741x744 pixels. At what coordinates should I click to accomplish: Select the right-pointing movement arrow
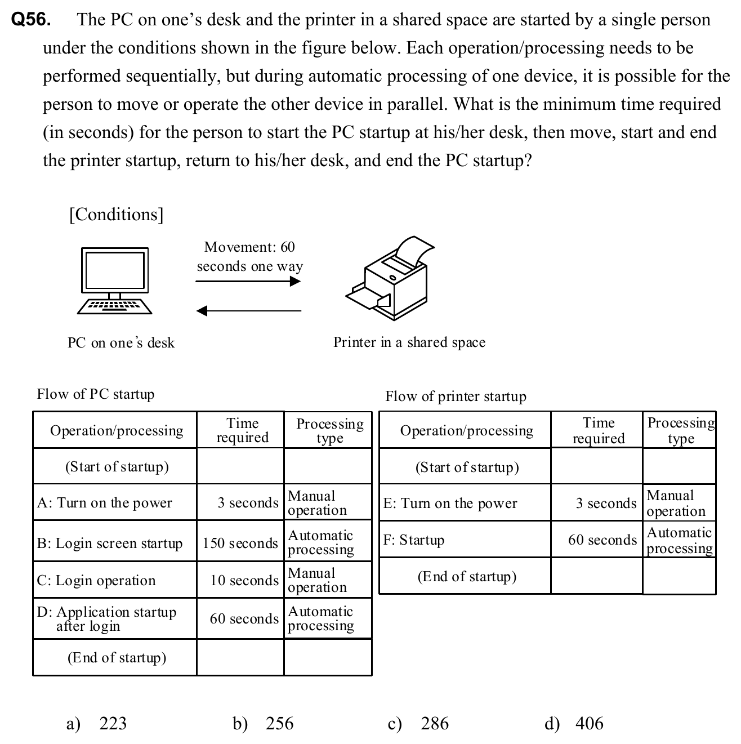click(x=248, y=281)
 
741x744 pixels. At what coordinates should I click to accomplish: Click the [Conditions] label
click(x=116, y=215)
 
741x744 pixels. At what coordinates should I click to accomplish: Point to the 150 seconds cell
click(x=240, y=543)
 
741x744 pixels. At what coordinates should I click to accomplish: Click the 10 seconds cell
click(x=244, y=580)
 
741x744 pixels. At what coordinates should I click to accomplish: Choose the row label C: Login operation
click(x=96, y=580)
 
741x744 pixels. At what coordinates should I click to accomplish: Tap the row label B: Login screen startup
click(x=110, y=543)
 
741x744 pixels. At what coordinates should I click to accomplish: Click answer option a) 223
click(x=96, y=723)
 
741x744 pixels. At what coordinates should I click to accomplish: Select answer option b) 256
click(x=263, y=723)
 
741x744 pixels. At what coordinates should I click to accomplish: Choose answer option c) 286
click(x=418, y=723)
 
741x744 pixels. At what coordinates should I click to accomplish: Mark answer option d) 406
click(x=574, y=723)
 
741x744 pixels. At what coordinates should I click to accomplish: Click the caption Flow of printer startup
click(x=456, y=396)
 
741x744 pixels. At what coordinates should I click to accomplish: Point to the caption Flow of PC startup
click(x=96, y=394)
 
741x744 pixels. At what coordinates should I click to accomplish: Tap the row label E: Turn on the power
click(x=450, y=503)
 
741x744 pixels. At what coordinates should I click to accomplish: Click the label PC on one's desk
click(x=121, y=342)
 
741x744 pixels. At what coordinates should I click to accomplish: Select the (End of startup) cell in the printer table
click(x=467, y=577)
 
